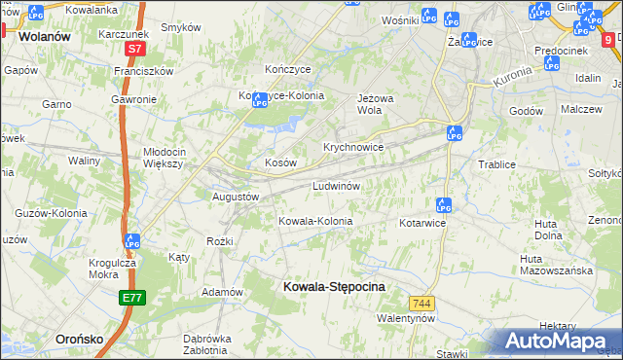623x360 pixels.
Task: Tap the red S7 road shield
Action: click(x=134, y=48)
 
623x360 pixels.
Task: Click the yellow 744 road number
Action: click(x=421, y=304)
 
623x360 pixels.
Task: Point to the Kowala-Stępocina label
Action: click(x=333, y=287)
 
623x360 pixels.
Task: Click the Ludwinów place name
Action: click(x=337, y=186)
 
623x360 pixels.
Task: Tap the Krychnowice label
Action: click(x=353, y=147)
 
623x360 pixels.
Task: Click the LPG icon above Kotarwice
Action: click(x=443, y=205)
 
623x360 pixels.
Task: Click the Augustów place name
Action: click(x=237, y=196)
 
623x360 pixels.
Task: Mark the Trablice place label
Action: click(x=495, y=164)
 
